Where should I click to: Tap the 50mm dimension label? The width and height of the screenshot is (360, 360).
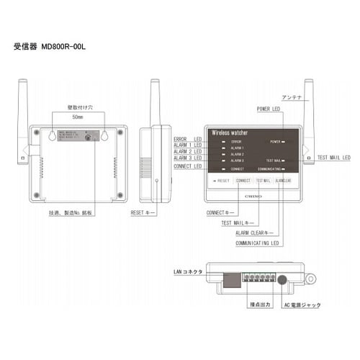click(x=78, y=116)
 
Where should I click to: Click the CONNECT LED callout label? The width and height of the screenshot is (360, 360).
click(x=188, y=166)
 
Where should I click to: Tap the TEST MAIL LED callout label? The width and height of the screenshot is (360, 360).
click(x=333, y=156)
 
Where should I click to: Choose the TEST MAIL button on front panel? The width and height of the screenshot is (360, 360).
click(x=263, y=181)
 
